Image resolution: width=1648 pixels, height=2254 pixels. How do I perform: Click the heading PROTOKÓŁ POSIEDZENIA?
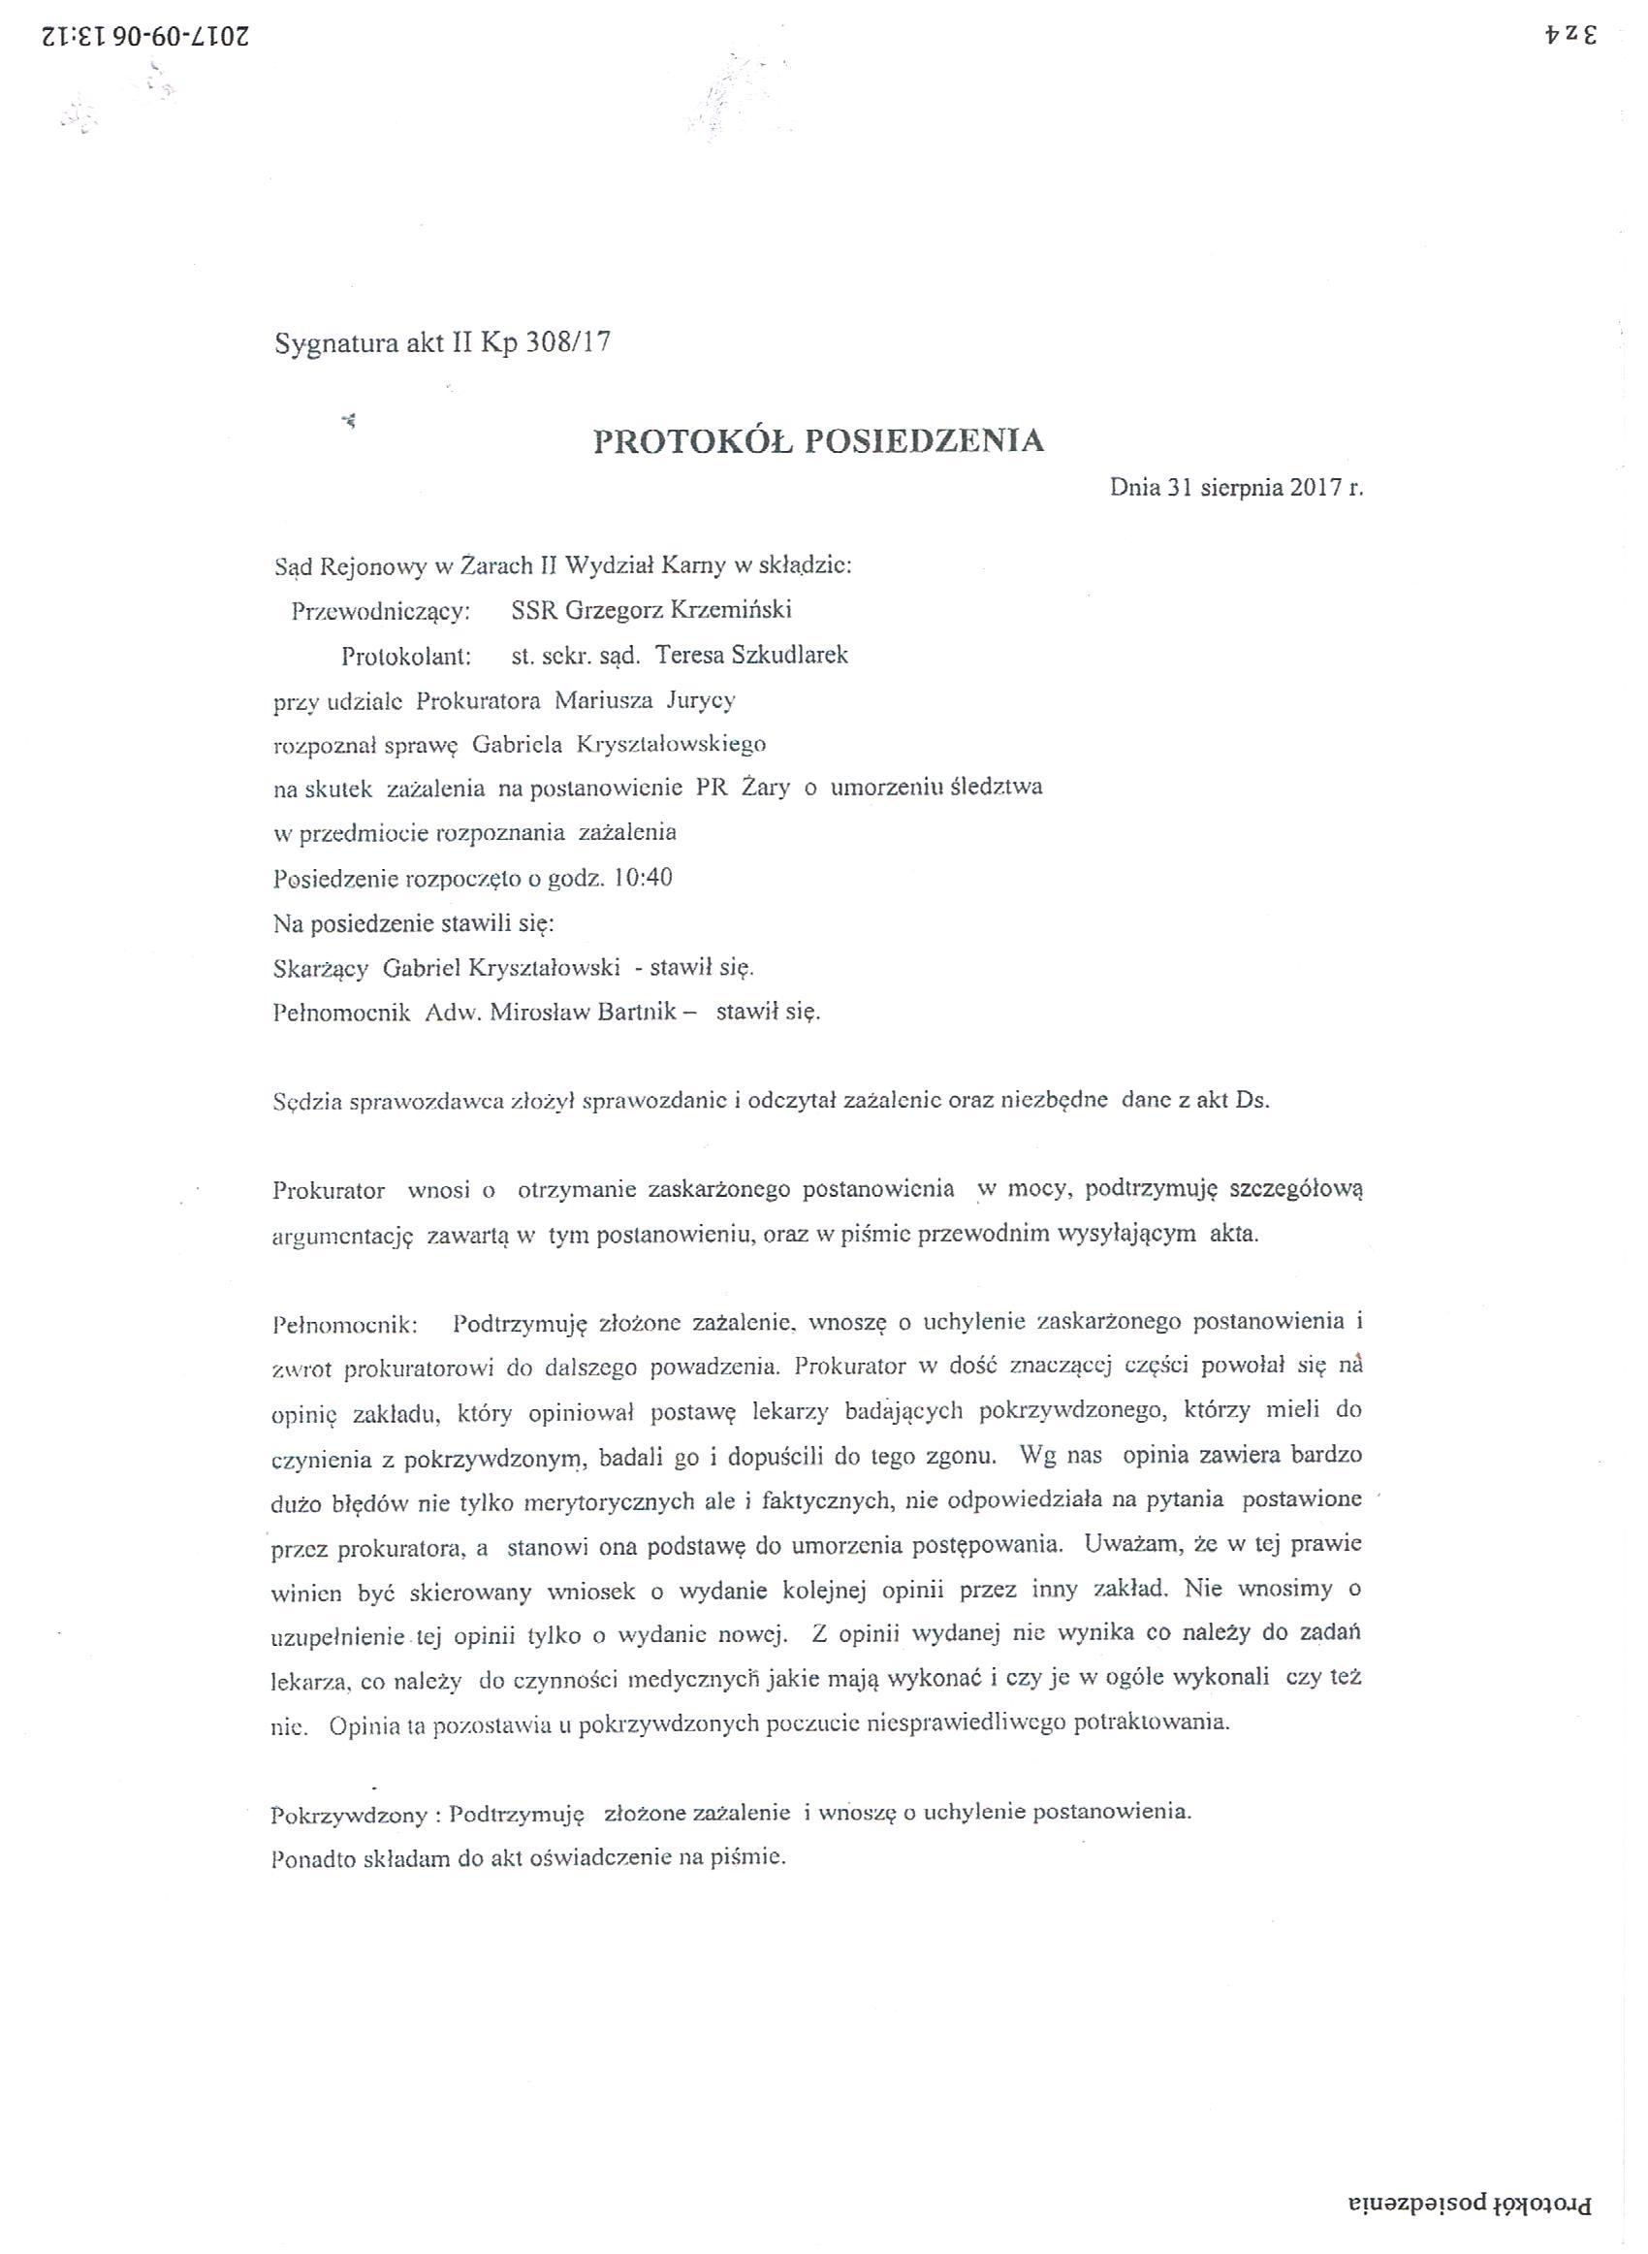(x=818, y=441)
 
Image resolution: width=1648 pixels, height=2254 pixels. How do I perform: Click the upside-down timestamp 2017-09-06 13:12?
(x=145, y=38)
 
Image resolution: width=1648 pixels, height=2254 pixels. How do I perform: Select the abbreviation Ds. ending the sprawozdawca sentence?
(x=1252, y=1102)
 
